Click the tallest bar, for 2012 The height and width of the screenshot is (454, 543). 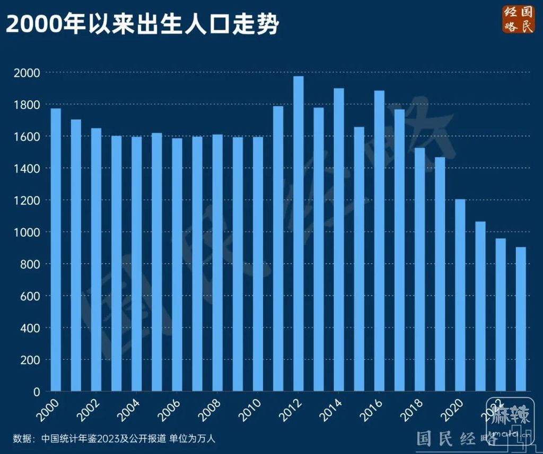click(299, 233)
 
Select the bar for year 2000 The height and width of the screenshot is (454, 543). click(56, 249)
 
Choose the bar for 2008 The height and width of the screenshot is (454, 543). click(217, 263)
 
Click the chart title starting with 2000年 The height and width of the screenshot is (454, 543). click(142, 24)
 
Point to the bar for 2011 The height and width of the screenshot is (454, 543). click(278, 249)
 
